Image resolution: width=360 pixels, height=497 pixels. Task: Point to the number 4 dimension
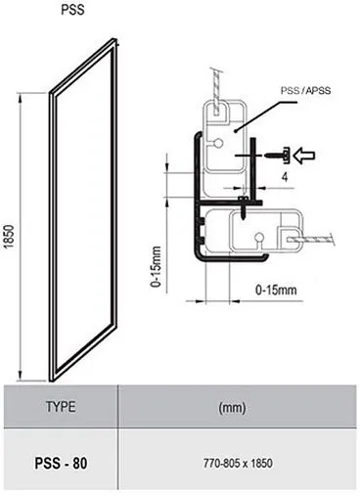pos(283,179)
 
